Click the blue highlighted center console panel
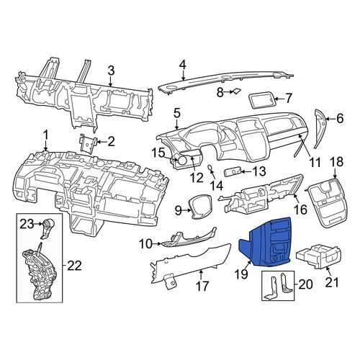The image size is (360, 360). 266,243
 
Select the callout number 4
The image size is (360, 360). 183,65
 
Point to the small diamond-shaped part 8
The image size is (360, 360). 236,91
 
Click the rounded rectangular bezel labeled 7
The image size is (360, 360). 261,100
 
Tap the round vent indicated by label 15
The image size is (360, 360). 181,160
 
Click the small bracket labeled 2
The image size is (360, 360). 88,144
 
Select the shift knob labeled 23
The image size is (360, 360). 48,228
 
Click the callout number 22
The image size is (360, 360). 74,266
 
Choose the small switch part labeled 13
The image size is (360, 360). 233,172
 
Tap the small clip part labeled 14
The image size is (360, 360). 210,168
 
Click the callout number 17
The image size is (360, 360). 202,286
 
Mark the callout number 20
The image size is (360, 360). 305,284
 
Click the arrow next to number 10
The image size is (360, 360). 157,244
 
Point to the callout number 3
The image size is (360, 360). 111,71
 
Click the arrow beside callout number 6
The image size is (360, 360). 330,119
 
